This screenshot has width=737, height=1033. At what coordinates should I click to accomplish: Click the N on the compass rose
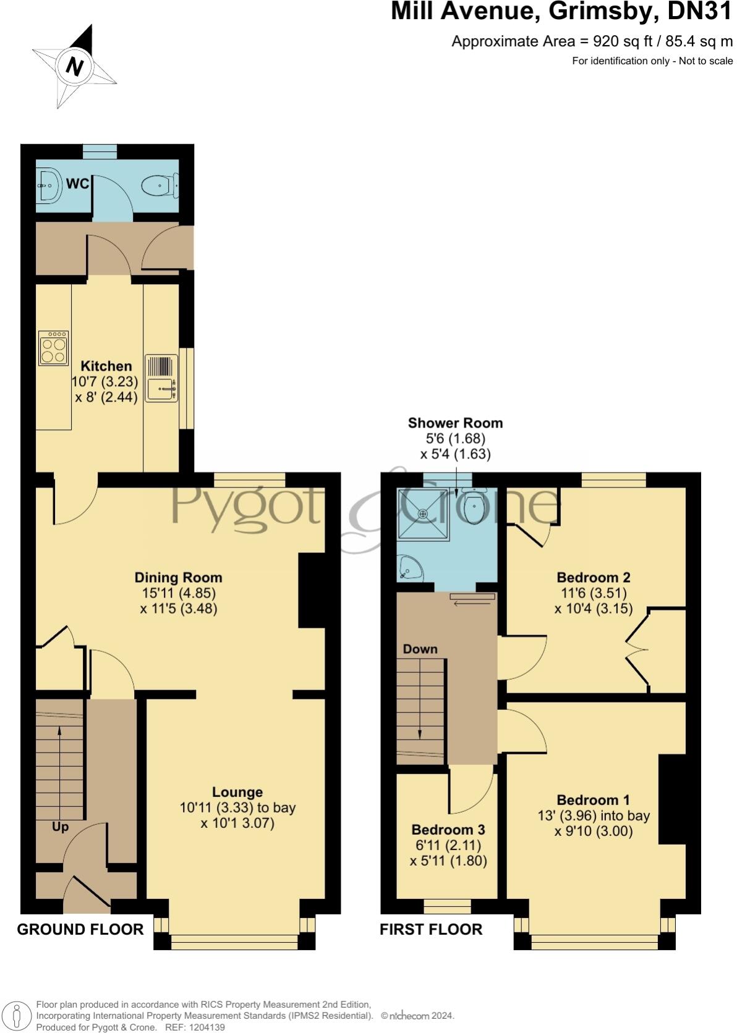[x=75, y=66]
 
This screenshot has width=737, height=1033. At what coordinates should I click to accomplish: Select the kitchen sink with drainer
[x=161, y=378]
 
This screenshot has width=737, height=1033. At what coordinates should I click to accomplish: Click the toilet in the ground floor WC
[x=160, y=185]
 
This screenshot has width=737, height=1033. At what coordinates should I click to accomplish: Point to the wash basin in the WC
[x=49, y=184]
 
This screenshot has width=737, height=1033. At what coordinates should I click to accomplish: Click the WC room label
[x=77, y=184]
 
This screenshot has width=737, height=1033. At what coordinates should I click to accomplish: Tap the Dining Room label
[x=178, y=578]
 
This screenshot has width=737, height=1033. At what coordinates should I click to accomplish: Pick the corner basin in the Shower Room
[x=411, y=567]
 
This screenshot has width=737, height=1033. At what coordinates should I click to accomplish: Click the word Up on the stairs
[x=60, y=827]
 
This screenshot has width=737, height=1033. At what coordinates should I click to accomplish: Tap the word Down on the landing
[x=420, y=649]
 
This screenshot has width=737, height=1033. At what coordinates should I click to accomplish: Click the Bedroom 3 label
[x=448, y=830]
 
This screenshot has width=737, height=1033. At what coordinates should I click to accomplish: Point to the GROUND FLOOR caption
[x=80, y=929]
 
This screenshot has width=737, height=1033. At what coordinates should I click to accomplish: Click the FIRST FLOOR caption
[x=431, y=929]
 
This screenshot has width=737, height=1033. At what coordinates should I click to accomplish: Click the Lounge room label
[x=237, y=792]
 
